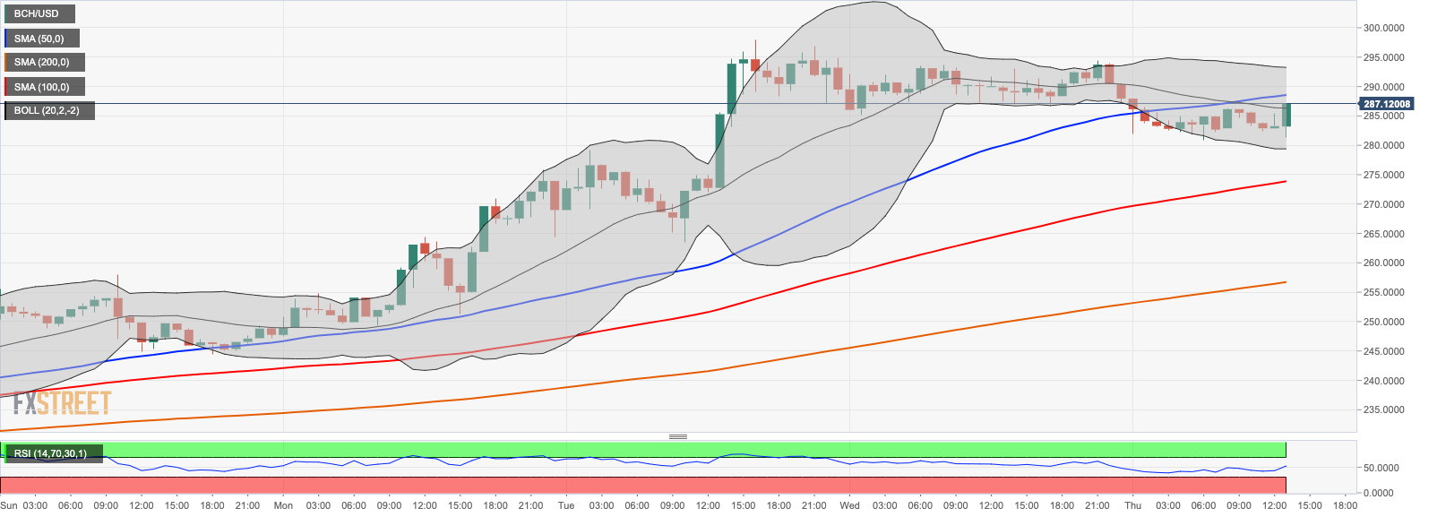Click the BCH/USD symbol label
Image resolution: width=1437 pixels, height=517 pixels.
point(38,14)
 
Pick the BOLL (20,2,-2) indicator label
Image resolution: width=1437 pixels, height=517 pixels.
point(47,111)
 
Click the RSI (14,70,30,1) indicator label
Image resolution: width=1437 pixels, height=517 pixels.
point(51,454)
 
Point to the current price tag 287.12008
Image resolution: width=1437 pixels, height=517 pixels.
point(1387,104)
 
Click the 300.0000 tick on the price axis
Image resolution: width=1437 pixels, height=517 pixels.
point(1384,29)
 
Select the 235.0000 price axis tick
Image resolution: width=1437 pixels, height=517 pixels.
point(1384,410)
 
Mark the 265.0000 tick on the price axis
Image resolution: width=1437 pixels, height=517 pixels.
point(1384,234)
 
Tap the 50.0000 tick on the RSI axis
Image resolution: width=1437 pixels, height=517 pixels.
point(1381,468)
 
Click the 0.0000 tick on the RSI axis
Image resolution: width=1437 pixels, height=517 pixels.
point(1381,493)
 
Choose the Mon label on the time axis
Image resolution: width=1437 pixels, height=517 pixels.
point(283,505)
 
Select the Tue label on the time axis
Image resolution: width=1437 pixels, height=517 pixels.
point(566,505)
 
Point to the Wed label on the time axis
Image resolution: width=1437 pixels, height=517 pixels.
point(849,505)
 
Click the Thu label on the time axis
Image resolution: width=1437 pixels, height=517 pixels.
point(1132,505)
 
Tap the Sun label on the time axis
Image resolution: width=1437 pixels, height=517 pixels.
point(9,505)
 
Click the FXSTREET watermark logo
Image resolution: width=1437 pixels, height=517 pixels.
point(62,403)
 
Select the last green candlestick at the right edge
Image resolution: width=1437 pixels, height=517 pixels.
point(1286,114)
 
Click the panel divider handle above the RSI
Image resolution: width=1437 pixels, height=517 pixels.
point(678,436)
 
